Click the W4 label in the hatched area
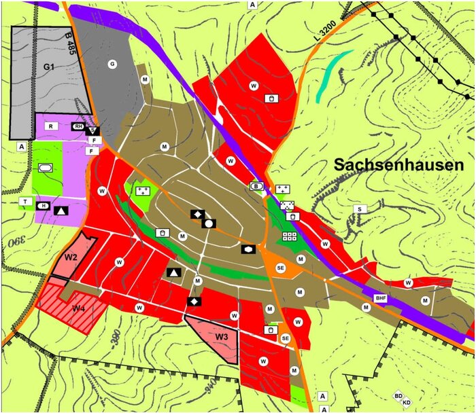(79, 308)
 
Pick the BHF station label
(379, 297)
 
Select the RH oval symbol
(79, 126)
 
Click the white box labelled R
(50, 126)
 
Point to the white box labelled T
(25, 202)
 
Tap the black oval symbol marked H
(44, 206)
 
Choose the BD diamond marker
(398, 395)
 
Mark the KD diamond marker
(407, 403)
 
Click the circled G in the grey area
(112, 64)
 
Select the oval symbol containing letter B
(256, 186)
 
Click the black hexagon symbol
(248, 249)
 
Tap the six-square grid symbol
(290, 236)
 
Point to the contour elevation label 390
(14, 240)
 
